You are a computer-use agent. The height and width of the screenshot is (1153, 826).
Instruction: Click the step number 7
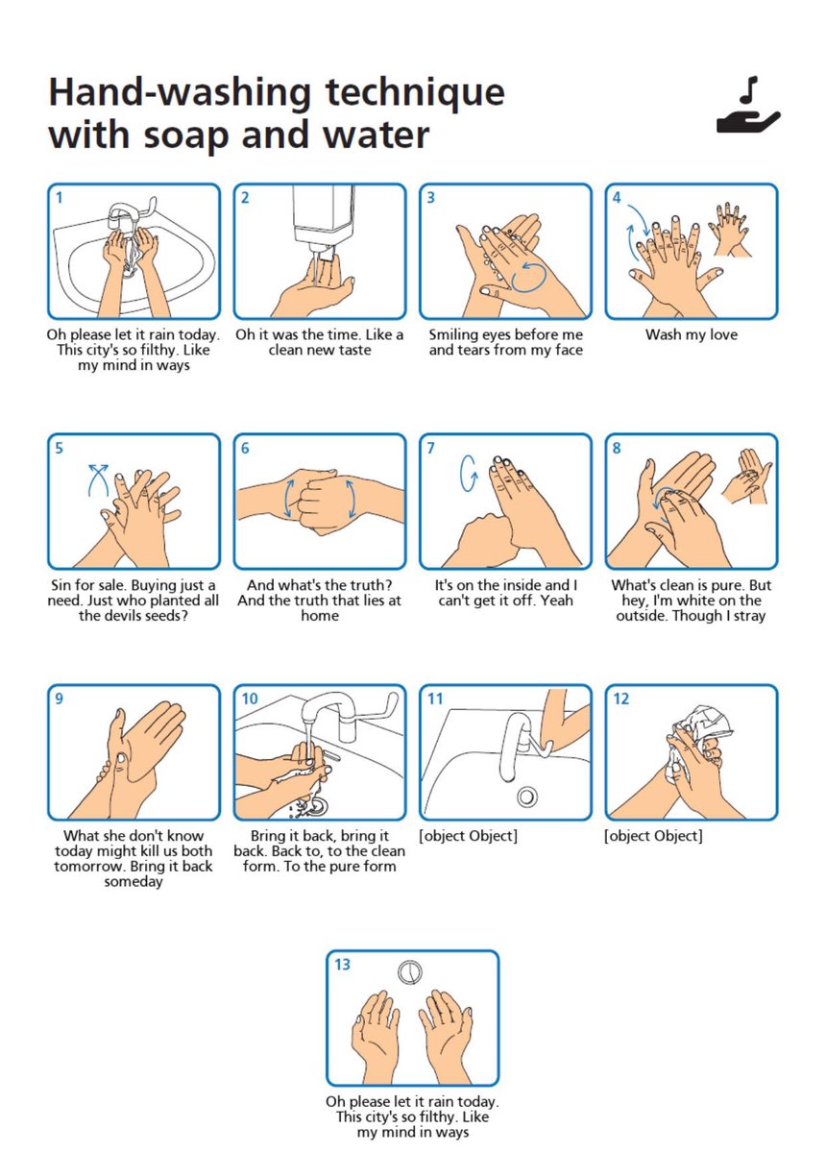tap(430, 448)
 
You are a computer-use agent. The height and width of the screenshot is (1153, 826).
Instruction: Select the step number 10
tap(249, 699)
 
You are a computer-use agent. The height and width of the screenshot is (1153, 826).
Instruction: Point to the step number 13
tap(342, 964)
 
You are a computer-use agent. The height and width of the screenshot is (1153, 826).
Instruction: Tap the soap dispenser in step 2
tap(323, 219)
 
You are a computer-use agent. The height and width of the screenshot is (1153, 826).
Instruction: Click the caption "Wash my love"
tap(692, 334)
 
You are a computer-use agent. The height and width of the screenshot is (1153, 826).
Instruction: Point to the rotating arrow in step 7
tap(469, 473)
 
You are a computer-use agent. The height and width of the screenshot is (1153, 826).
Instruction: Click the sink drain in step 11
tap(526, 797)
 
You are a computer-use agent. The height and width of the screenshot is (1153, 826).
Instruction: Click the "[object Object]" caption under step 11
tap(469, 835)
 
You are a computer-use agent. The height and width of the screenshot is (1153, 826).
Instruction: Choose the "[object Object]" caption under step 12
tap(653, 835)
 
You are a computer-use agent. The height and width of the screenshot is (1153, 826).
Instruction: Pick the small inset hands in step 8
tap(746, 478)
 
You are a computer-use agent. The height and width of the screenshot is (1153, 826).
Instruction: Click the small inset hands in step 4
tap(729, 229)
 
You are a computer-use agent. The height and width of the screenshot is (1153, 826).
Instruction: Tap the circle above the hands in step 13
tap(410, 972)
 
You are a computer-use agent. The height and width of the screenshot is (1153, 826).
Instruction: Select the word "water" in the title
tap(376, 135)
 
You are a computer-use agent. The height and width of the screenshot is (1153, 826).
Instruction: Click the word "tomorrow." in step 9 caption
tap(90, 867)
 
